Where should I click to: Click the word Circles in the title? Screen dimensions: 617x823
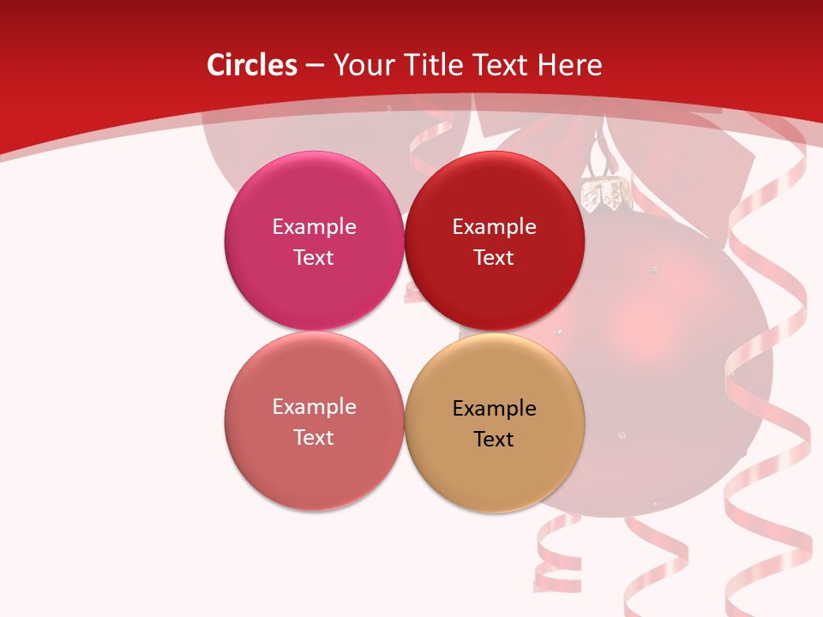pyautogui.click(x=252, y=65)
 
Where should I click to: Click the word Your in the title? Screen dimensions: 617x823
pyautogui.click(x=363, y=65)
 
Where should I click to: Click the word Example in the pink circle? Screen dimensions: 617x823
pyautogui.click(x=314, y=227)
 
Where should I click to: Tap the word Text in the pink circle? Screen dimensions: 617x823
pyautogui.click(x=314, y=258)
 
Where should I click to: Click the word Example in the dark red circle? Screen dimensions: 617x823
pyautogui.click(x=495, y=227)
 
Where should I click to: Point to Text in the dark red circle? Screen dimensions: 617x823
pyautogui.click(x=495, y=258)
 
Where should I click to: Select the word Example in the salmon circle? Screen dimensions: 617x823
pyautogui.click(x=314, y=407)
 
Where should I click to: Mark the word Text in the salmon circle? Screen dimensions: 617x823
pyautogui.click(x=314, y=438)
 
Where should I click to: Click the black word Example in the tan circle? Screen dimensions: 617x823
pyautogui.click(x=495, y=409)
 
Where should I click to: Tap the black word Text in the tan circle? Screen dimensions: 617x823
pyautogui.click(x=495, y=440)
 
